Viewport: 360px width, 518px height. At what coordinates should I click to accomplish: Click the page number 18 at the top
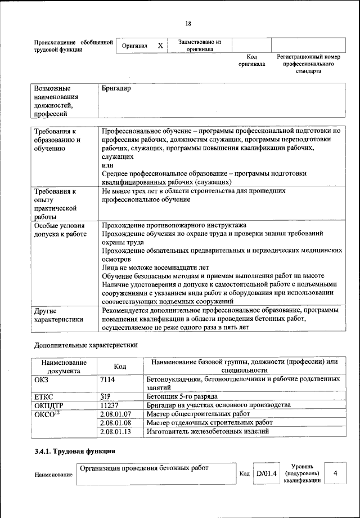pos(188,23)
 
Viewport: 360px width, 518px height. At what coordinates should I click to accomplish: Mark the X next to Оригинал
pos(160,46)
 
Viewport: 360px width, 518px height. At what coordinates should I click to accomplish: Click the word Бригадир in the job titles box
pos(116,89)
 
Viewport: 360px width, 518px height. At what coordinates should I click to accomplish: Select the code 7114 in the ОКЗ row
pos(108,380)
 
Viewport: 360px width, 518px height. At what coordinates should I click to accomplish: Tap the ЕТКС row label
pos(44,396)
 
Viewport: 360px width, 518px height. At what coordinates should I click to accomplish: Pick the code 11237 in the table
pos(110,405)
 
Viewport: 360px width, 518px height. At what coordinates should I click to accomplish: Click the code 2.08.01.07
pos(115,414)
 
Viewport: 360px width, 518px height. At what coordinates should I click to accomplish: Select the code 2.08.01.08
pos(115,422)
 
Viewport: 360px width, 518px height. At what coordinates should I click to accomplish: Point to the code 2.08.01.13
pos(115,431)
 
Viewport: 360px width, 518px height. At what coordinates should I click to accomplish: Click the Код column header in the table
pos(120,367)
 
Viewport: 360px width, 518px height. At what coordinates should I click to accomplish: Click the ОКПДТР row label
pos(49,405)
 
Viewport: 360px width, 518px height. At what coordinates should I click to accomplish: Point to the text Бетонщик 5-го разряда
pos(181,396)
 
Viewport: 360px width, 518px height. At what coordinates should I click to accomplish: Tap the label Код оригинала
pos(251,60)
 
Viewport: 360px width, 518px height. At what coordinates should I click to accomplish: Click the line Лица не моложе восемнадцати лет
pos(155,267)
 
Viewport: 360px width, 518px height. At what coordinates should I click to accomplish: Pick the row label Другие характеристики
pos(58,315)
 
